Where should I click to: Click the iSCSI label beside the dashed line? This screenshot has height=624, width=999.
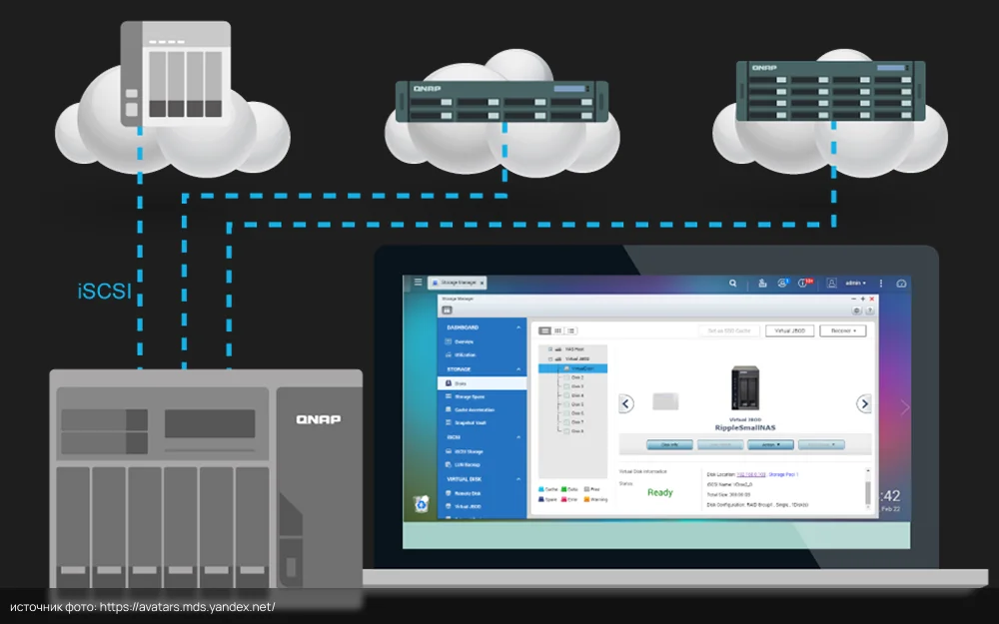(x=104, y=293)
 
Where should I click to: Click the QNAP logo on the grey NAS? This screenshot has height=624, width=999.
(x=318, y=419)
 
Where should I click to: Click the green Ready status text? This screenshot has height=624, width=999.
(x=659, y=492)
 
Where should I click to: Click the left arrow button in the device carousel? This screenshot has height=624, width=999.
(x=626, y=403)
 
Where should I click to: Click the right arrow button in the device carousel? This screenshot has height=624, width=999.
(x=864, y=403)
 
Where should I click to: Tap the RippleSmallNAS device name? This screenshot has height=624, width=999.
(x=745, y=426)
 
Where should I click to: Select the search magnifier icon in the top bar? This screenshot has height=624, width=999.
(x=733, y=284)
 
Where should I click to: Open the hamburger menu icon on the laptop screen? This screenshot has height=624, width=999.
(x=419, y=284)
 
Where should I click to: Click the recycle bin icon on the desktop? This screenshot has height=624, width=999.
(x=423, y=504)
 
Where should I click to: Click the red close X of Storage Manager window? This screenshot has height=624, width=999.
(x=872, y=299)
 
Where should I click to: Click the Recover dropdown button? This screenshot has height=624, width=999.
(x=843, y=330)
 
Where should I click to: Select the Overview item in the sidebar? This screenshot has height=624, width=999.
(x=465, y=341)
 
